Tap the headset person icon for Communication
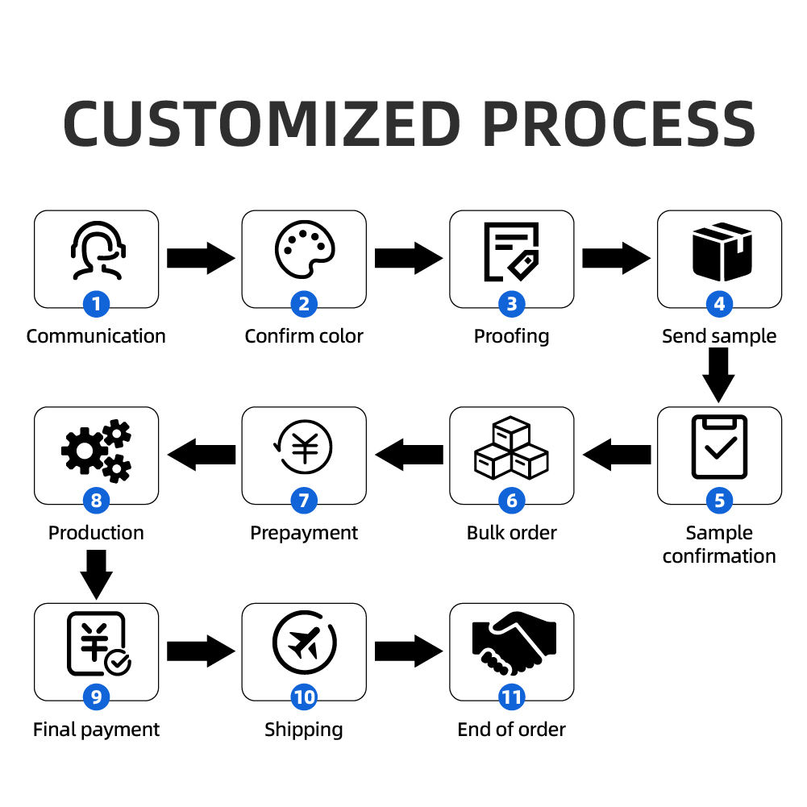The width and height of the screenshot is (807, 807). [x=96, y=251]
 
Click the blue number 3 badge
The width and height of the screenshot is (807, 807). [x=511, y=304]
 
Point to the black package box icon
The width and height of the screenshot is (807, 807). [x=719, y=251]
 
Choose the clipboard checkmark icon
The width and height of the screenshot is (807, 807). [x=719, y=447]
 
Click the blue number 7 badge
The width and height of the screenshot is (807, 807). [x=304, y=501]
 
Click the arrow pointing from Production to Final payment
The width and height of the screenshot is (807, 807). [x=96, y=573]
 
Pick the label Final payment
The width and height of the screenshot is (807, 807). [x=96, y=730]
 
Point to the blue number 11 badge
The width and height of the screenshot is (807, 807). [x=511, y=697]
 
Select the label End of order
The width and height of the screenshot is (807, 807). [x=511, y=730]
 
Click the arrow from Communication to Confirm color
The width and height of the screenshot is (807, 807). [x=200, y=258]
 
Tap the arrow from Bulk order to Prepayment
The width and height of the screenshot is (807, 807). [x=410, y=455]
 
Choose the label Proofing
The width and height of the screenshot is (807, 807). [x=511, y=336]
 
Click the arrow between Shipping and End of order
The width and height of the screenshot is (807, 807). [x=408, y=651]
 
